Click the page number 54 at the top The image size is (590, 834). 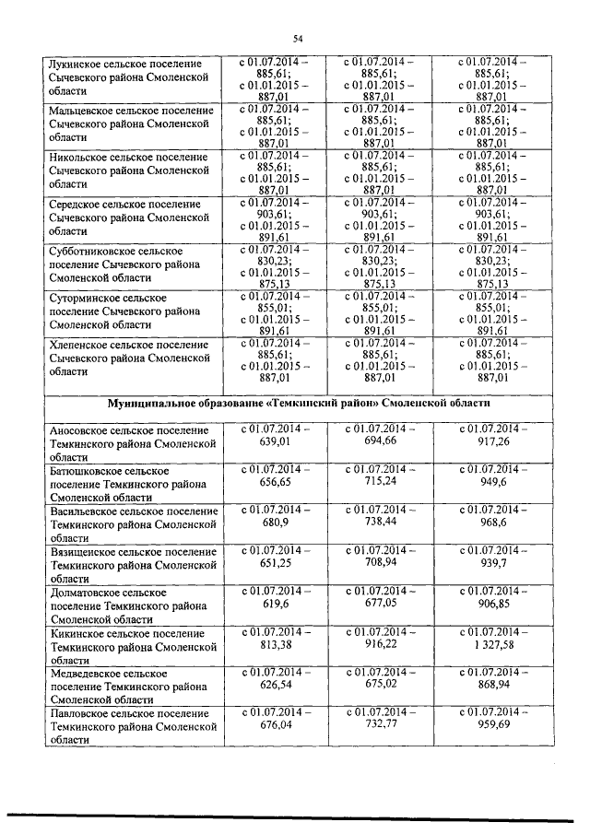click(298, 38)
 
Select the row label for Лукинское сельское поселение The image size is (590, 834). click(129, 78)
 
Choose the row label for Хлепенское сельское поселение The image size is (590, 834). click(129, 358)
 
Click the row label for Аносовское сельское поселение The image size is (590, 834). click(129, 443)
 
